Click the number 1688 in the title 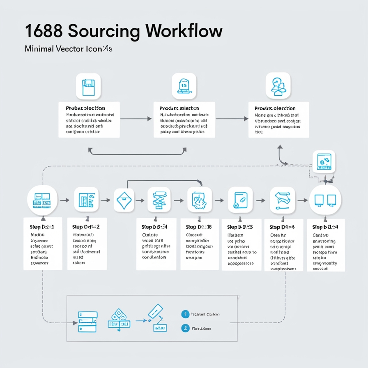(43, 32)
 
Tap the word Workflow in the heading (184, 32)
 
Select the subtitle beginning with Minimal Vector (68, 48)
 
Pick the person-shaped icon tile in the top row (278, 85)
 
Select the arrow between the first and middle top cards (136, 119)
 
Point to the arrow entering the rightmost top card (232, 119)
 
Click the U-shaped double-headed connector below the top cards (137, 152)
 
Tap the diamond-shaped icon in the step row (124, 200)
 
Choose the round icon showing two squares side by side (325, 200)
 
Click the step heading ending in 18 (199, 227)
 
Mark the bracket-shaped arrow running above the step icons (164, 181)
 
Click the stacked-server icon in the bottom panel (87, 321)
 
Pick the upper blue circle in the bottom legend (185, 314)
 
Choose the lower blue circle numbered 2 (185, 328)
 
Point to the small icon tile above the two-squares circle (324, 162)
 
